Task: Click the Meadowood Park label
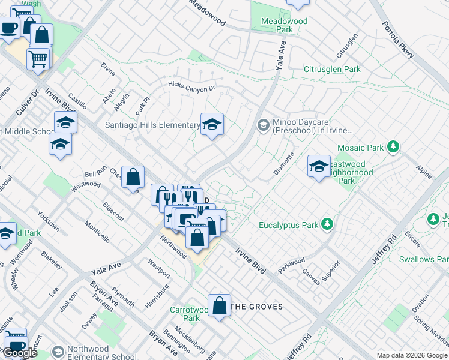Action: [x=285, y=25]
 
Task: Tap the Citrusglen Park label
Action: [x=332, y=70]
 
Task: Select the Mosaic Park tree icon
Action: [x=393, y=146]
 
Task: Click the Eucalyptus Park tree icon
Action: [x=327, y=224]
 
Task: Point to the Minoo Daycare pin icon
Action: [x=262, y=125]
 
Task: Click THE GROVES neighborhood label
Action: [x=257, y=307]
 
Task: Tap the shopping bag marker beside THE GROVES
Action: [x=220, y=305]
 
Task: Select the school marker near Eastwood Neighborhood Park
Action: [x=318, y=166]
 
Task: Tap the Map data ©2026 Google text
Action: [x=412, y=355]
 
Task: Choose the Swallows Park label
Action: [x=426, y=259]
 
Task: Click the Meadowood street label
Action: [x=207, y=13]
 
